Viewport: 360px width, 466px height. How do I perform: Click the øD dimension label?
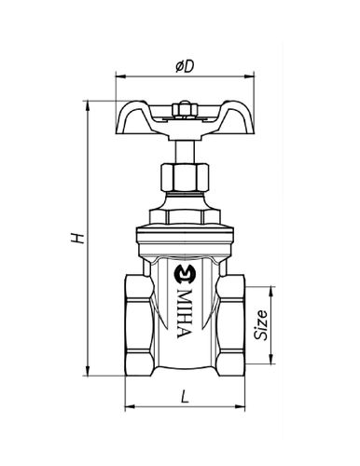pos(185,66)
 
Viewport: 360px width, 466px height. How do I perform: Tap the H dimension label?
pos(77,238)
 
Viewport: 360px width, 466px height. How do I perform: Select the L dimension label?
pos(186,396)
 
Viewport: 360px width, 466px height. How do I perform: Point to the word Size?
pos(260,324)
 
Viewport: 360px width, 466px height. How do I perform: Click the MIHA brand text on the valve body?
pos(184,313)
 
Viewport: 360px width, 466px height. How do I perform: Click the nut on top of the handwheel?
pos(184,110)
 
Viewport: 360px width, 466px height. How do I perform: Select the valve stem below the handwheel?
pos(185,152)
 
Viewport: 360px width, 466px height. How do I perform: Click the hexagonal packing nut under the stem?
pos(185,178)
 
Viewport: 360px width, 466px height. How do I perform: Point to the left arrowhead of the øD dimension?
pos(120,76)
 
